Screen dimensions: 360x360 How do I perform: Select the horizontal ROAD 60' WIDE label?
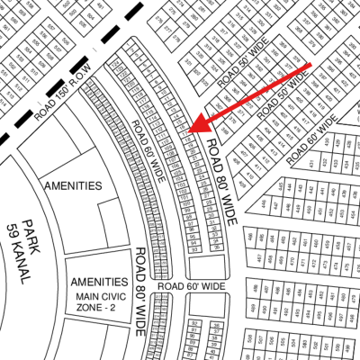click(190, 286)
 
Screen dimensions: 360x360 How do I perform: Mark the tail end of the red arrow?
click(311, 65)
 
